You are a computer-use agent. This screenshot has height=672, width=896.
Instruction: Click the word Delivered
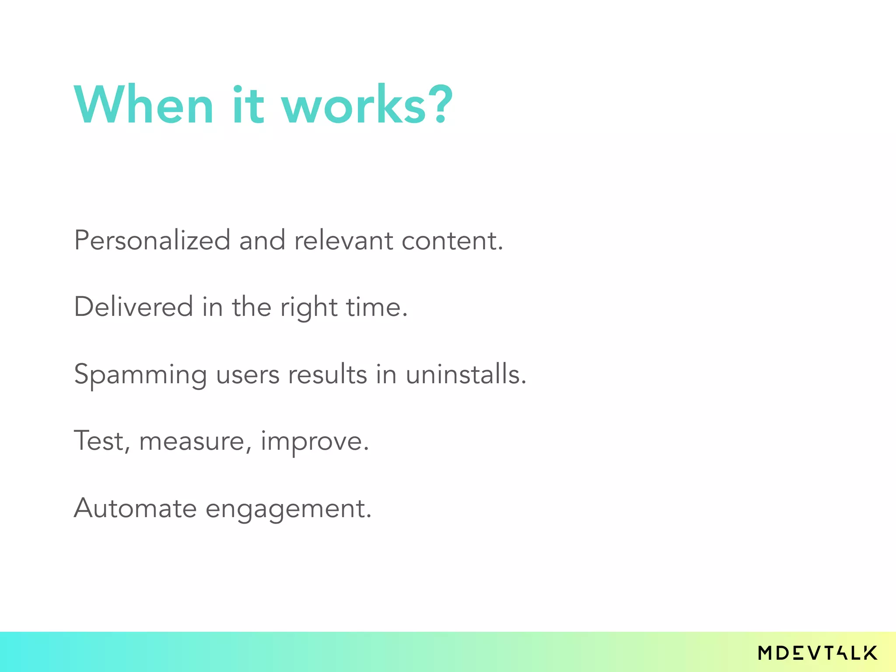[x=133, y=307]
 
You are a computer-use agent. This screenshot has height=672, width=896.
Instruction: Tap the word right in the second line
[x=308, y=308]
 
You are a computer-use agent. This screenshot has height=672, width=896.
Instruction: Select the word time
[x=376, y=307]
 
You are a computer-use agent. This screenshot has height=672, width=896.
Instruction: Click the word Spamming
[x=140, y=375]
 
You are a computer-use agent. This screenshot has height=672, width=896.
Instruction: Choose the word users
[x=248, y=375]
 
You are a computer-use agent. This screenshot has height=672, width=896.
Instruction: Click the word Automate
[x=135, y=508]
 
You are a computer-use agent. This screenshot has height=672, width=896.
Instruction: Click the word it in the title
[x=248, y=105]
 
